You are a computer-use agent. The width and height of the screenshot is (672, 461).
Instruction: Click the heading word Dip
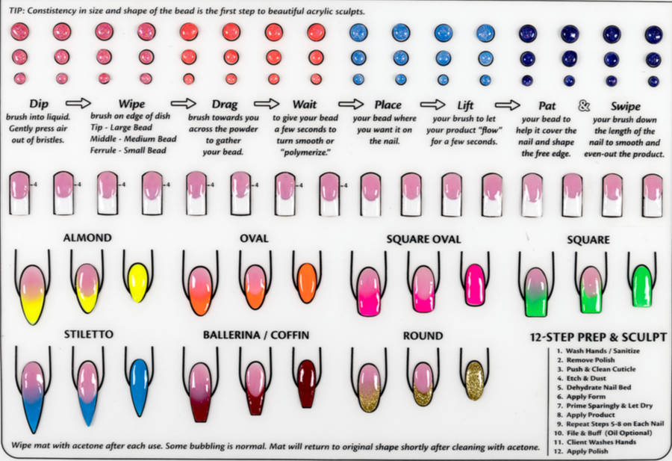pos(38,105)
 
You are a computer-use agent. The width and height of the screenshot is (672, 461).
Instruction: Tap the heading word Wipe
pos(131,105)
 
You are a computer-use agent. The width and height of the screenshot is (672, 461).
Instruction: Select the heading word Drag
pos(224,105)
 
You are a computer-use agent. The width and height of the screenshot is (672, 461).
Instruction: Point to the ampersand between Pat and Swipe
pos(585,105)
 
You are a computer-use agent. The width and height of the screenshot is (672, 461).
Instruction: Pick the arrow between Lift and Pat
pos(508,105)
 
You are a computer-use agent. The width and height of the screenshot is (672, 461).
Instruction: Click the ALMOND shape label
pos(87,238)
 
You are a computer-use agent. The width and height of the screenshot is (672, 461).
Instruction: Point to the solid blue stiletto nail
pos(138,385)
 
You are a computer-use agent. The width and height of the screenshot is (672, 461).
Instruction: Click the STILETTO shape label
pos(89,335)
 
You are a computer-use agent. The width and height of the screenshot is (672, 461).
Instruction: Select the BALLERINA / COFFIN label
pos(255,335)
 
